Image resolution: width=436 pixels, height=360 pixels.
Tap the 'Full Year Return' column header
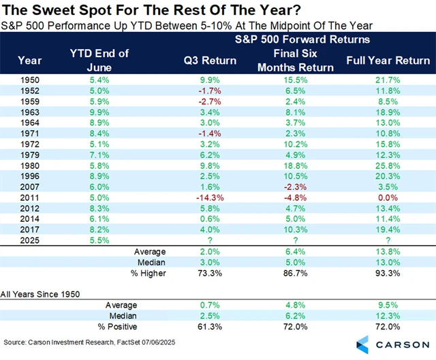388,61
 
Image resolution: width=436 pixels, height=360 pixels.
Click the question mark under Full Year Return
388,240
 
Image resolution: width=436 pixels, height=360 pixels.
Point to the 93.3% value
388,273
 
